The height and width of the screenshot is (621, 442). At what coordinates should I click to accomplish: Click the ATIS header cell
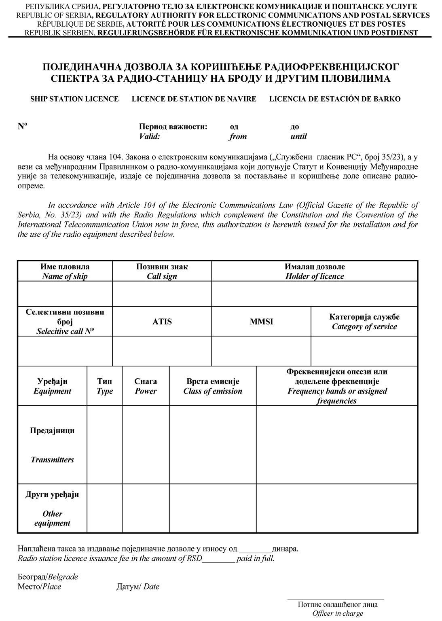(x=162, y=322)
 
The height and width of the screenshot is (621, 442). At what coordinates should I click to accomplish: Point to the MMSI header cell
(x=261, y=322)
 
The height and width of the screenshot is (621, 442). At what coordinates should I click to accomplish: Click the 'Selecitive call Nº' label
(x=65, y=331)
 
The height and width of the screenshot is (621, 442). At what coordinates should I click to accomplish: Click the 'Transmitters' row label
(x=52, y=460)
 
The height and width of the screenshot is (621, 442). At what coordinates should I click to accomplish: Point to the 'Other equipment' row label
(x=52, y=518)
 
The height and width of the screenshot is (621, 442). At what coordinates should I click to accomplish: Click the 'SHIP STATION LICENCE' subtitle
(x=74, y=99)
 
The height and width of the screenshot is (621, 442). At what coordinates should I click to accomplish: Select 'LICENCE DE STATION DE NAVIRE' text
(x=194, y=99)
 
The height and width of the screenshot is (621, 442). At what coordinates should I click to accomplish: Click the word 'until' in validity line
(x=298, y=137)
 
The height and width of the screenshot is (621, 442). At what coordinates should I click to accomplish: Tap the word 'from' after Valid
(x=238, y=137)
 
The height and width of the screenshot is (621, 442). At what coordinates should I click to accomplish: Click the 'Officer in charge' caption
(x=338, y=613)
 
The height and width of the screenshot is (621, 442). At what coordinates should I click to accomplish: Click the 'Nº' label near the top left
(x=22, y=126)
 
